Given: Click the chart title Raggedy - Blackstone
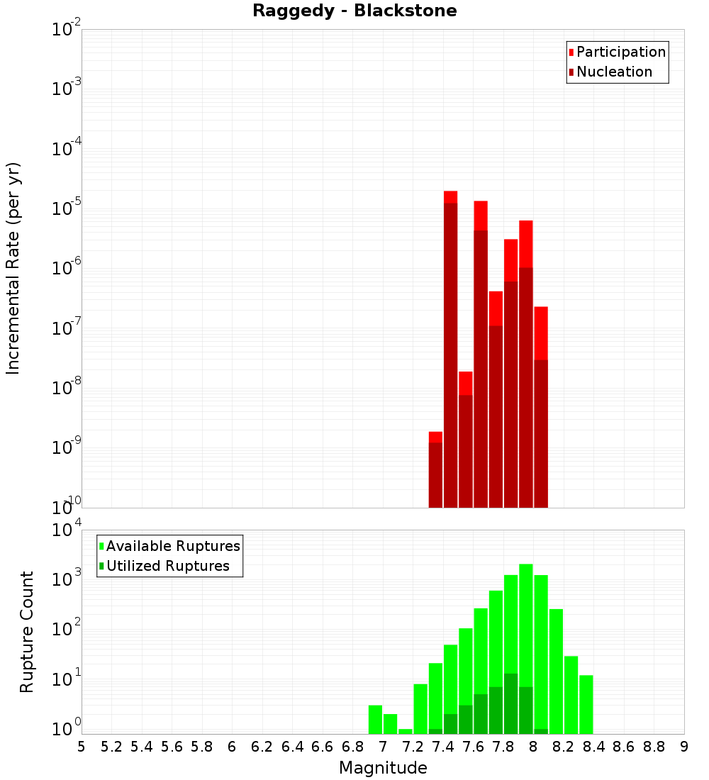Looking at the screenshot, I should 354,11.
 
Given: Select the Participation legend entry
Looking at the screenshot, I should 620,52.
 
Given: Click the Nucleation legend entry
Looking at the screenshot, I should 613,72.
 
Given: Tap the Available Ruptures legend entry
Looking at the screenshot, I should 172,547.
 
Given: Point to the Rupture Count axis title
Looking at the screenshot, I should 27,631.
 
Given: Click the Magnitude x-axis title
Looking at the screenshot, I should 383,768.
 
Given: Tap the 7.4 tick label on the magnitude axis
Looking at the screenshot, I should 443,747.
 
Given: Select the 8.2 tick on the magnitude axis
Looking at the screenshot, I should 564,747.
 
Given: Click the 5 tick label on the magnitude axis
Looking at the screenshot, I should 82,747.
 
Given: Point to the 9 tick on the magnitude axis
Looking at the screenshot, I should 684,747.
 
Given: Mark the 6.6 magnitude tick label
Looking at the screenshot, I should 323,747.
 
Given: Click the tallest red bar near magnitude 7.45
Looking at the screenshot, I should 450,347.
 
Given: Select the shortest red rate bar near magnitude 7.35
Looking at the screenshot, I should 435,468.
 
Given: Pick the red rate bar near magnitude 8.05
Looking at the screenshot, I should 541,404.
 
